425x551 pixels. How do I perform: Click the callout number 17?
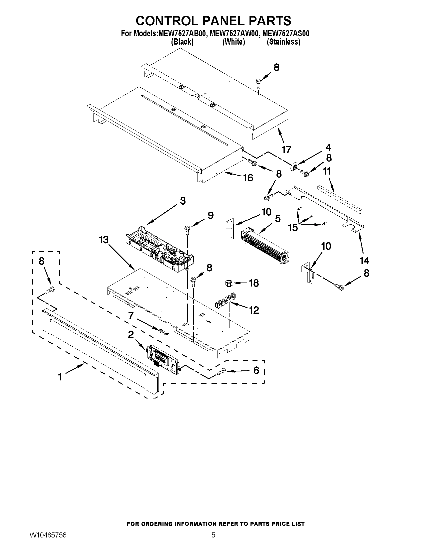286,150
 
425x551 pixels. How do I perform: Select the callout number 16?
248,178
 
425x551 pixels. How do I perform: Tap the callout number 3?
183,201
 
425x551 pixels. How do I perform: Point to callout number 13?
103,240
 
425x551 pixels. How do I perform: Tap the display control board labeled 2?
163,358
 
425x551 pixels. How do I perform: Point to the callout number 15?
293,228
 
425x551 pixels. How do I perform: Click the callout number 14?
364,260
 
